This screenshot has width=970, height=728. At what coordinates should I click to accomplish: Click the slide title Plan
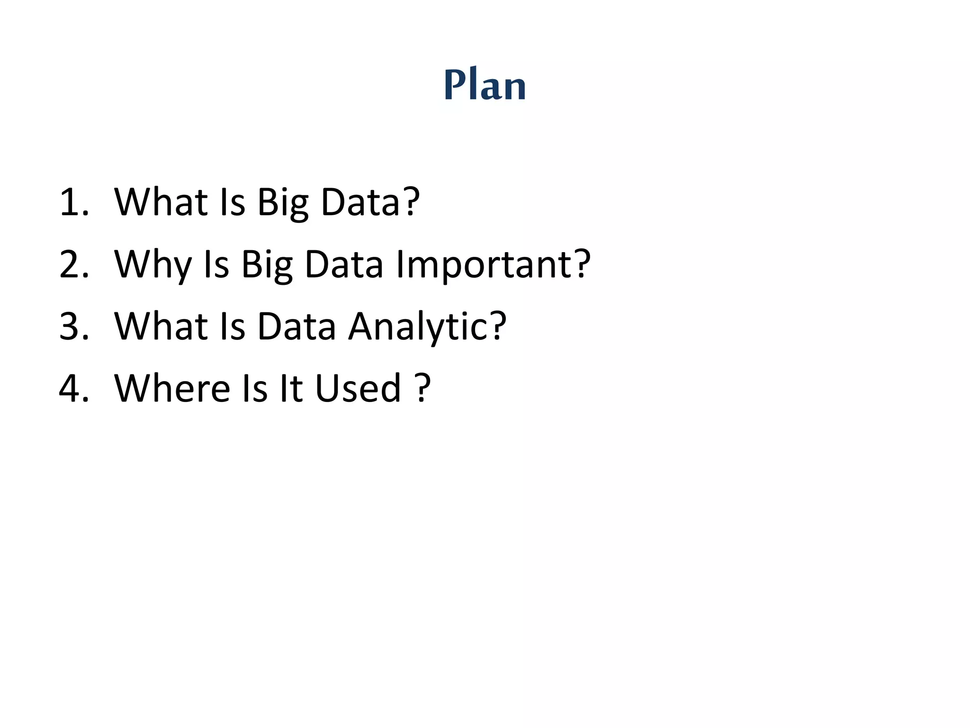485,85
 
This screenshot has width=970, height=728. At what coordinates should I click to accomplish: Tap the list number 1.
73,203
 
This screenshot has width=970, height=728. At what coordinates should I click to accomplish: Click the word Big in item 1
283,203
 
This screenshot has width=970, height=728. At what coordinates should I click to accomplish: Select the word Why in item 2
153,265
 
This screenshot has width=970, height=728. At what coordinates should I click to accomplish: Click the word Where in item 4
172,389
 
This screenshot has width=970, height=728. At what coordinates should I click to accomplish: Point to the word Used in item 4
358,389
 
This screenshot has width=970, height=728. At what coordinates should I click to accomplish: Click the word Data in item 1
360,203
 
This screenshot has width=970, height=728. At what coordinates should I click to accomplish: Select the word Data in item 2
344,265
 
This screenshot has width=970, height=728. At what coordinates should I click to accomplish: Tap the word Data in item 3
296,327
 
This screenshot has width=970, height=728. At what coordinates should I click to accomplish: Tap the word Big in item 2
267,265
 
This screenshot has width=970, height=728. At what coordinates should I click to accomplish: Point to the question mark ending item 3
497,327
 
